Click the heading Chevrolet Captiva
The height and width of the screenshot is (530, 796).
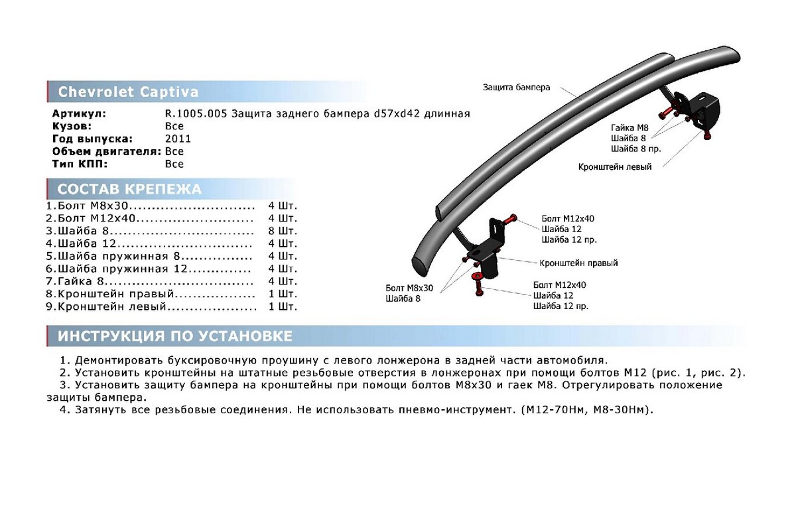click(128, 92)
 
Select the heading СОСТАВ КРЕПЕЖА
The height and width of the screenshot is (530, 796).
click(129, 189)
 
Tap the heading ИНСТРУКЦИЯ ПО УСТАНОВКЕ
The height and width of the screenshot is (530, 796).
click(175, 336)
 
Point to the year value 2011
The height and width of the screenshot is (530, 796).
click(178, 139)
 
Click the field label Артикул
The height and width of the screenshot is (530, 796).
click(79, 114)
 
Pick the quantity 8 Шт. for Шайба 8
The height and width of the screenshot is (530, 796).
click(283, 231)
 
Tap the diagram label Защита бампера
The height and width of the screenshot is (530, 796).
click(516, 88)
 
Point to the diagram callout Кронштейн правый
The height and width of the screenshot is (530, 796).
click(578, 263)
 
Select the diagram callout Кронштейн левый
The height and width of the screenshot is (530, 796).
click(615, 167)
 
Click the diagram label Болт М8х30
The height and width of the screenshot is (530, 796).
click(409, 288)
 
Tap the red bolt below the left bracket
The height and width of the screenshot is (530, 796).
click(706, 135)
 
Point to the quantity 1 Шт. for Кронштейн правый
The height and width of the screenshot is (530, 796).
click(283, 294)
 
